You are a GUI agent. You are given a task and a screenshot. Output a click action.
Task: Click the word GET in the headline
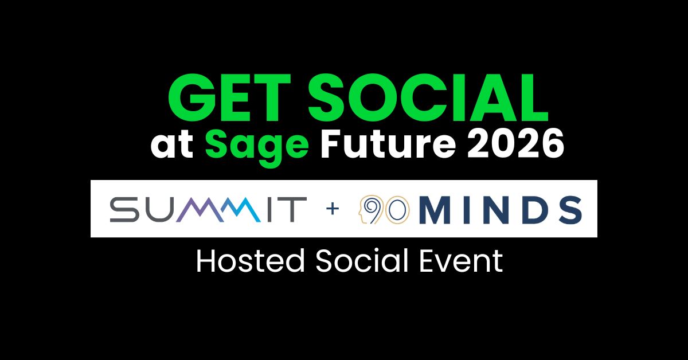pyautogui.click(x=229, y=97)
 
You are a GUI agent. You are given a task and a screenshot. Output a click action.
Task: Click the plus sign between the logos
pyautogui.click(x=333, y=209)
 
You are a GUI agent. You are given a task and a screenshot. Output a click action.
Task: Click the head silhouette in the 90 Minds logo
pyautogui.click(x=368, y=209)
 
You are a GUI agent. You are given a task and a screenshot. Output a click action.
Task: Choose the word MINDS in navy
pyautogui.click(x=501, y=210)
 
